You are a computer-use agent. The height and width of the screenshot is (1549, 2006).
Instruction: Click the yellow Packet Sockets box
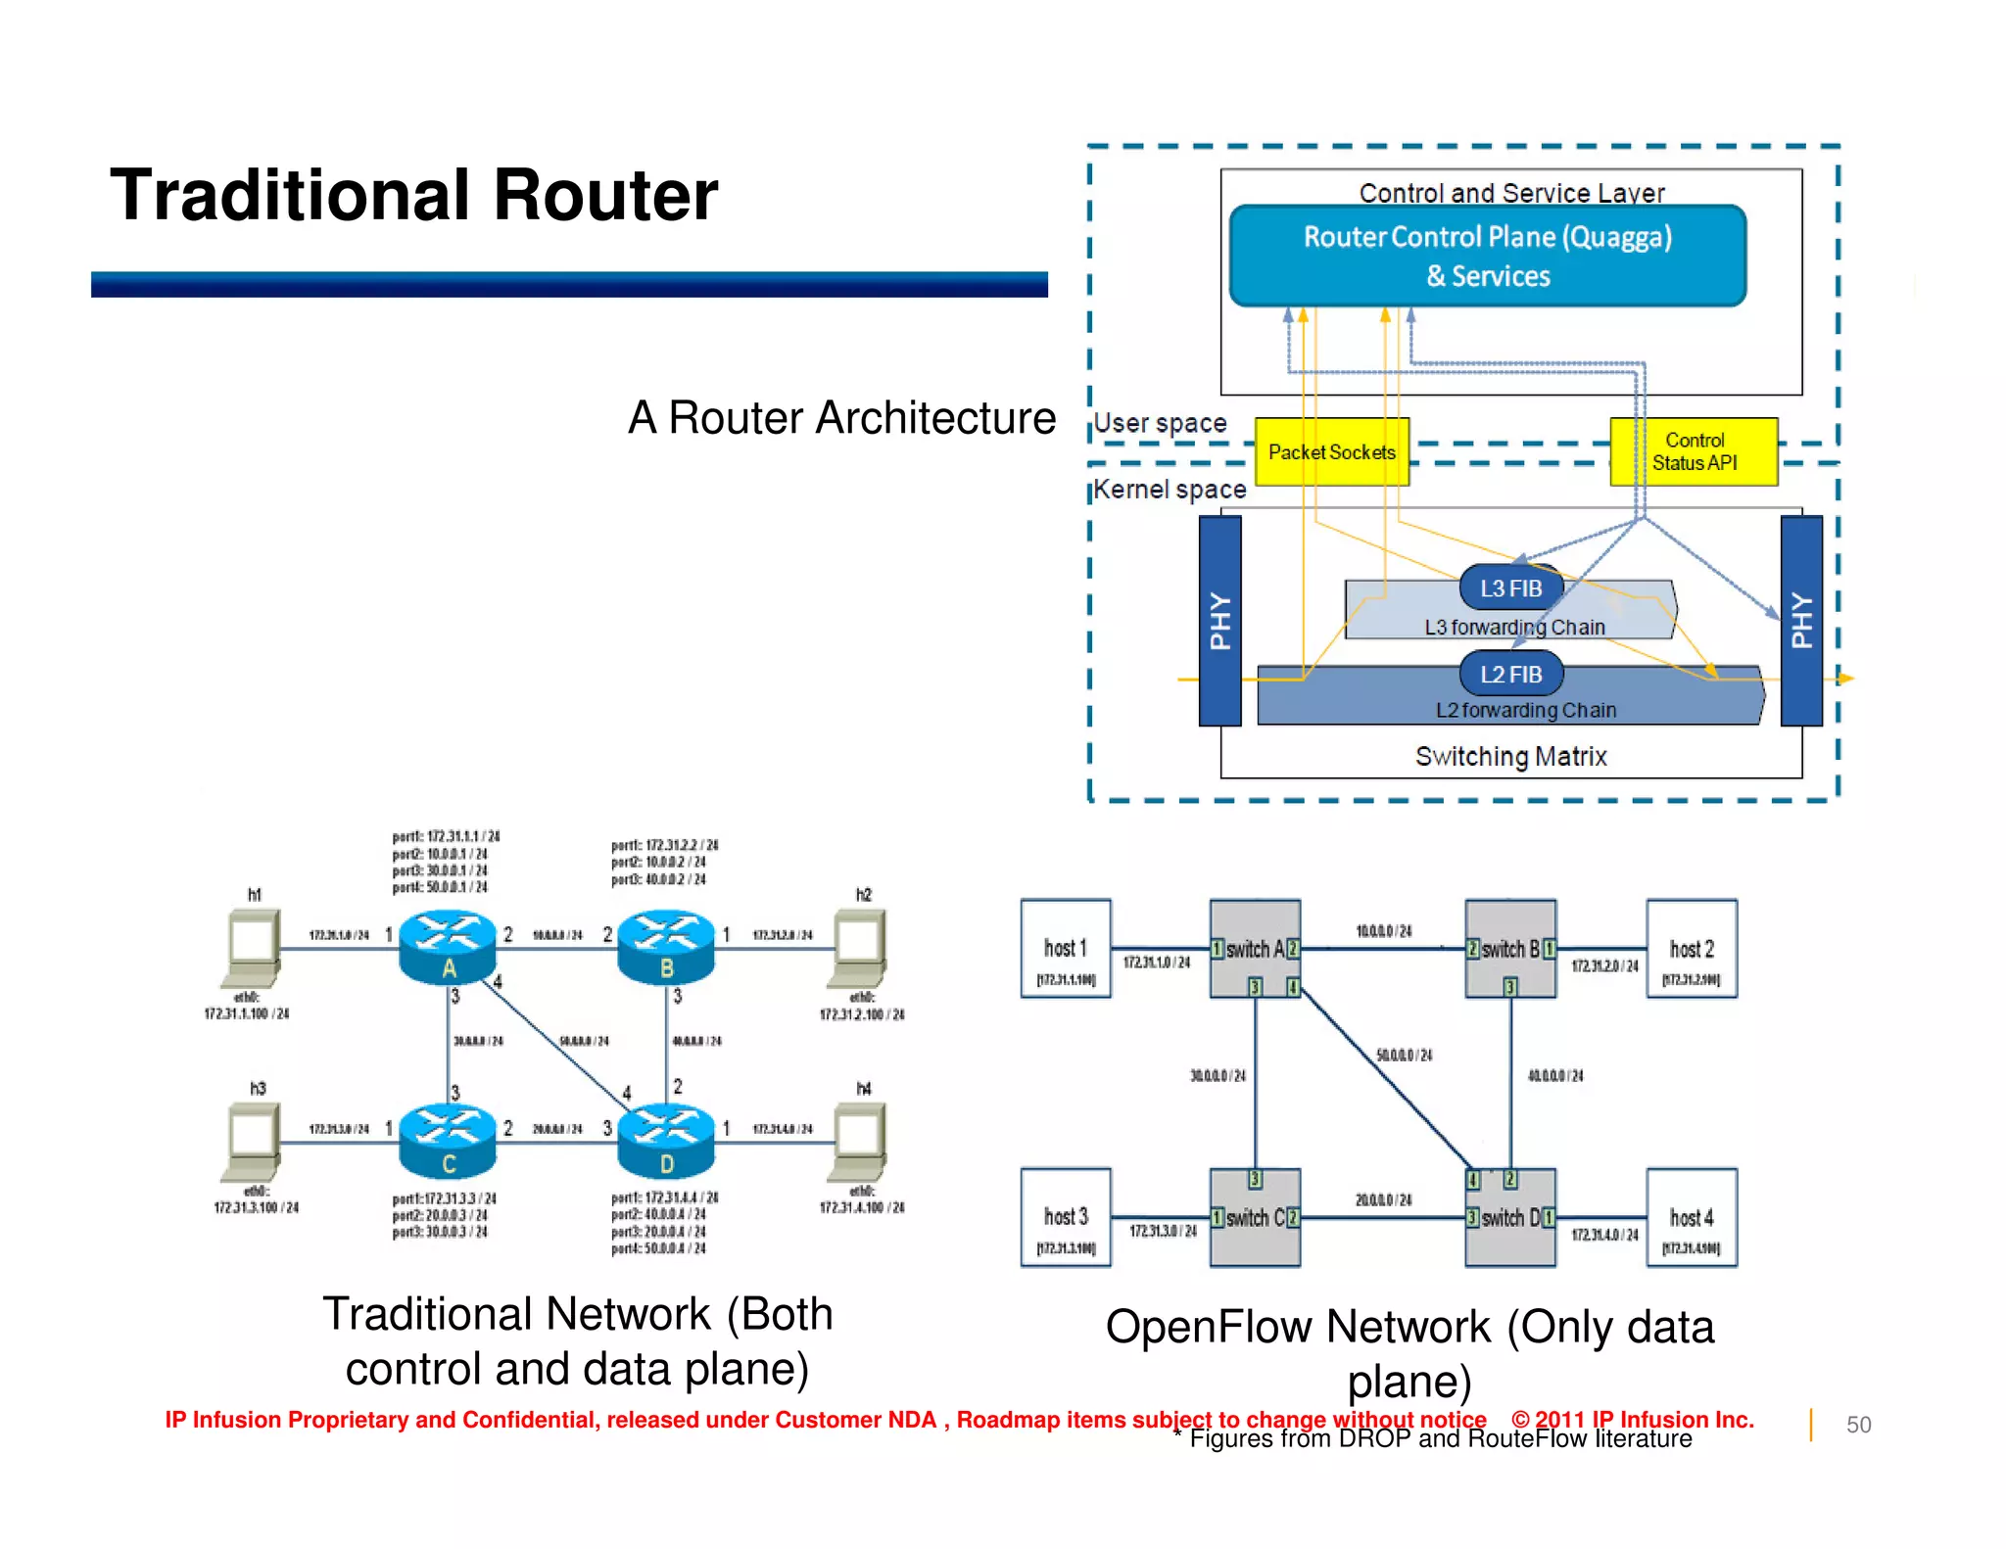tap(1331, 451)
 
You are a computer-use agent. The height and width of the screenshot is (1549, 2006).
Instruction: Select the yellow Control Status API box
tap(1694, 451)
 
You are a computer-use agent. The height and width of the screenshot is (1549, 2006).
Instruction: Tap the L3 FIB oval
tap(1510, 588)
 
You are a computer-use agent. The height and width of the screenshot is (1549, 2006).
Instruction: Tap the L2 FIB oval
tap(1510, 675)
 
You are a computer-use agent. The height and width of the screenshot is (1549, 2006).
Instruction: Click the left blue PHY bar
tap(1219, 621)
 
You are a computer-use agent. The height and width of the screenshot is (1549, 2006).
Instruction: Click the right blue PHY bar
tap(1801, 621)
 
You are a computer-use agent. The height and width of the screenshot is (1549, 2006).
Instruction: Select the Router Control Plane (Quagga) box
tap(1487, 256)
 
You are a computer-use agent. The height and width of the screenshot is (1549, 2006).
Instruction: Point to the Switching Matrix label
tap(1510, 756)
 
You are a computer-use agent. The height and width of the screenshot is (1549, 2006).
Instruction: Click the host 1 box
tap(1065, 948)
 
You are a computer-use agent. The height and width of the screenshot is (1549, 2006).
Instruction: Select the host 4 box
tap(1692, 1217)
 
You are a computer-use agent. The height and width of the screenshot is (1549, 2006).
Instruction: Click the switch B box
tap(1509, 948)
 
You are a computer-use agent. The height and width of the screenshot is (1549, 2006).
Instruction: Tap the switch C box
tap(1255, 1217)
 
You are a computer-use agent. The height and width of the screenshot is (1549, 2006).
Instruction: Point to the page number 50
tap(1858, 1425)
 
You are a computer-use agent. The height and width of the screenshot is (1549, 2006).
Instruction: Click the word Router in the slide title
tap(605, 195)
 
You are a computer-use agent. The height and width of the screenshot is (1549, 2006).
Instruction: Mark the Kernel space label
tap(1170, 489)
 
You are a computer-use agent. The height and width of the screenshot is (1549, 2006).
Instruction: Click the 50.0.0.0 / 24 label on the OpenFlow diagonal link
tap(1404, 1055)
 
